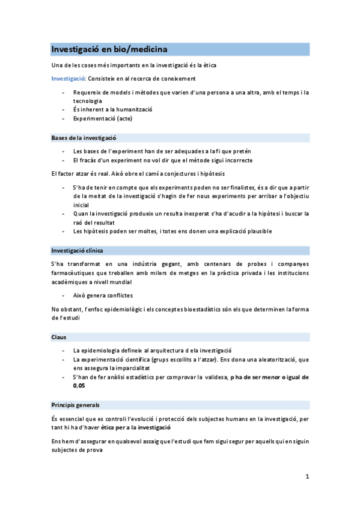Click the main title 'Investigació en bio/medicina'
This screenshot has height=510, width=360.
pos(109,49)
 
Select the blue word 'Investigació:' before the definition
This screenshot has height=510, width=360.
pos(68,79)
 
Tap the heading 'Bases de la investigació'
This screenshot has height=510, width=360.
pos(84,138)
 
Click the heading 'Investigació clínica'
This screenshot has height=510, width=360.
pos(77,250)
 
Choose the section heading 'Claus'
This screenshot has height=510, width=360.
pos(59,337)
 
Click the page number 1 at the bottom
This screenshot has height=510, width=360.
pos(307,478)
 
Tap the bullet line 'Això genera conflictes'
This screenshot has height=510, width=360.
pos(103,295)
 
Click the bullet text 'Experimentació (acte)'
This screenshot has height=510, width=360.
pos(103,118)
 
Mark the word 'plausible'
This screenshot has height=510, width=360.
pos(257,231)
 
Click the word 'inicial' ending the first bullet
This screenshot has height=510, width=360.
pos(81,204)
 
